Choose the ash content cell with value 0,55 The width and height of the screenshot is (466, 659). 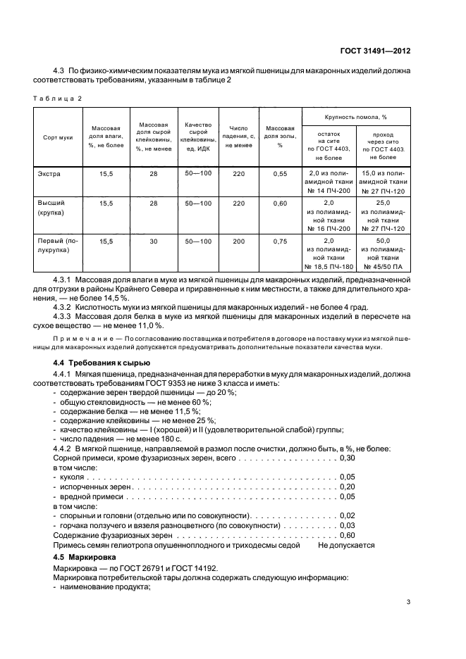[x=280, y=172]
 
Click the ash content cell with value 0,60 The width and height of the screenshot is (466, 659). [x=280, y=203]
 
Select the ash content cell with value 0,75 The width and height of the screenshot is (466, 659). [x=280, y=241]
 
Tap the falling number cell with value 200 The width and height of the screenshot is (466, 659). [x=239, y=241]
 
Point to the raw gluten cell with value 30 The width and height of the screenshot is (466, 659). [x=153, y=241]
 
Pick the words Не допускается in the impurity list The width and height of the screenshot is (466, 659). [x=346, y=544]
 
